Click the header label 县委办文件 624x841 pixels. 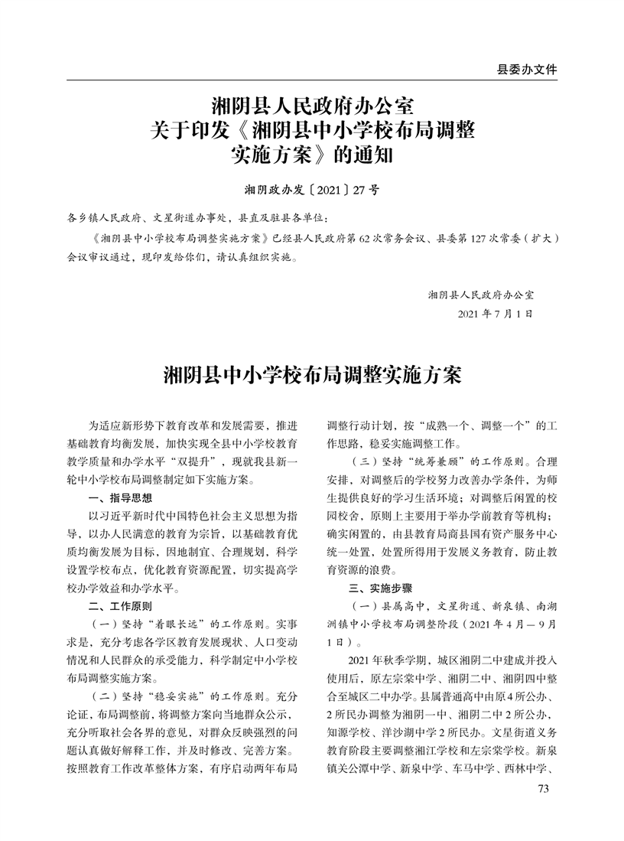527,69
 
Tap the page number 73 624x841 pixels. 544,789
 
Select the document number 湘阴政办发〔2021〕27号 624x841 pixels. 311,189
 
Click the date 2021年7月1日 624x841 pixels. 494,314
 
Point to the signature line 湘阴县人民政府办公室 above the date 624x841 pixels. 481,294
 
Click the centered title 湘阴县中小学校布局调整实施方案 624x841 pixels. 312,376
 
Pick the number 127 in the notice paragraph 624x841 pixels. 471,239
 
